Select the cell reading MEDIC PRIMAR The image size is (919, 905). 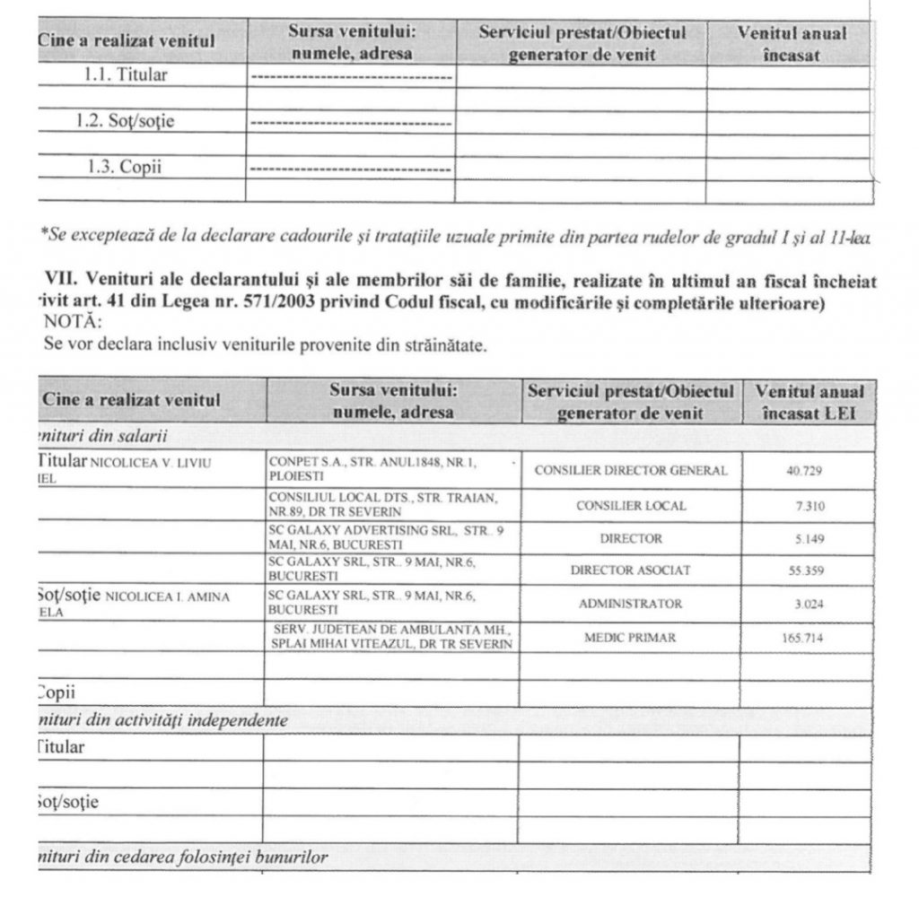pyautogui.click(x=630, y=638)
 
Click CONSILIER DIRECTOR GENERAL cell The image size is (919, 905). pyautogui.click(x=631, y=470)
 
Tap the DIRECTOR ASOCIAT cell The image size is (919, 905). pyautogui.click(x=631, y=570)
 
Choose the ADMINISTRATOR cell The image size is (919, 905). pyautogui.click(x=631, y=605)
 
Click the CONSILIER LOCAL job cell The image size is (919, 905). pyautogui.click(x=631, y=506)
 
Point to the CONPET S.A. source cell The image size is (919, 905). pyautogui.click(x=372, y=469)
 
